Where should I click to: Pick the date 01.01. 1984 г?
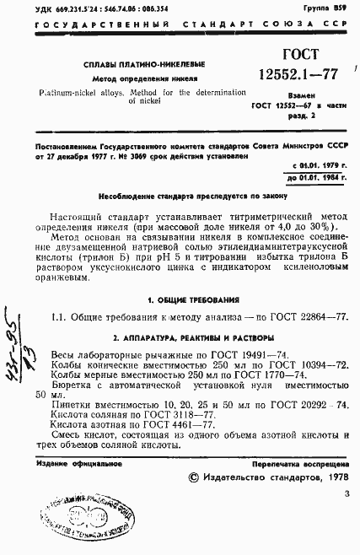[320, 178]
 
